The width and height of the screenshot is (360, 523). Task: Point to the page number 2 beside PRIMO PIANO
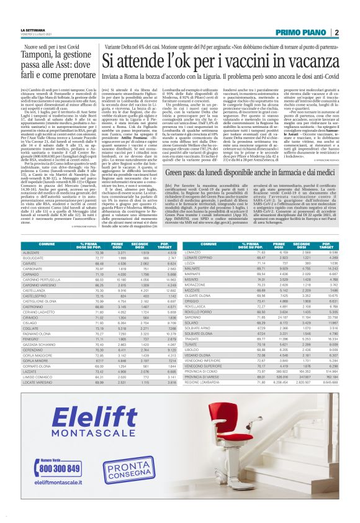point(336,32)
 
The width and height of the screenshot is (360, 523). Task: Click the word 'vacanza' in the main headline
point(299,61)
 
